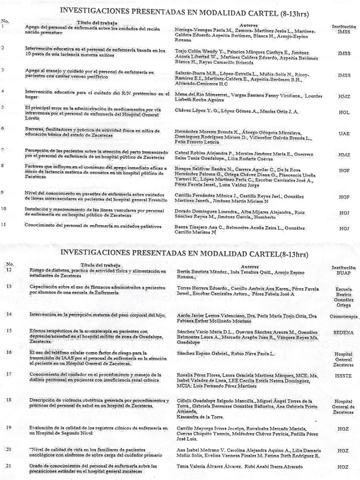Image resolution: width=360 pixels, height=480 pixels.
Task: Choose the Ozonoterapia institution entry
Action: pyautogui.click(x=344, y=317)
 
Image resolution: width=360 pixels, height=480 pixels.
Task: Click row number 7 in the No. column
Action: pyautogui.click(x=4, y=150)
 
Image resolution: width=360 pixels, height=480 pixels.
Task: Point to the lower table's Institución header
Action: pyautogui.click(x=344, y=267)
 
